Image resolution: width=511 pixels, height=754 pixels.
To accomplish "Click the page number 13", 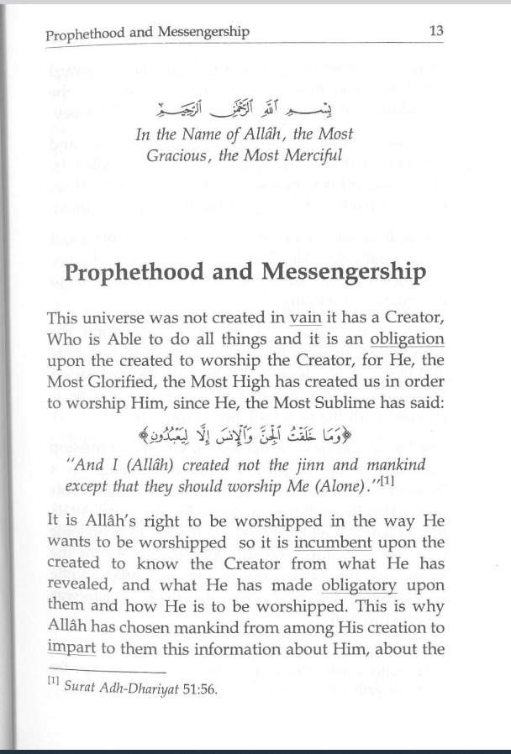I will pos(435,31).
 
